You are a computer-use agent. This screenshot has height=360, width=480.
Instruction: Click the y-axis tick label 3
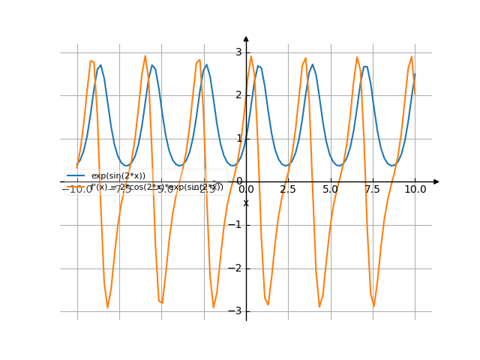pos(238,52)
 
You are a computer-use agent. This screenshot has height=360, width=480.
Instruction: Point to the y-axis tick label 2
pos(238,95)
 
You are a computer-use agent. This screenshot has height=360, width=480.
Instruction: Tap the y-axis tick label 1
pos(238,138)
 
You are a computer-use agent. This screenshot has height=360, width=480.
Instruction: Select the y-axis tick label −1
pos(236,225)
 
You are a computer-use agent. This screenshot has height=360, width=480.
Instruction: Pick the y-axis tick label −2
pos(236,268)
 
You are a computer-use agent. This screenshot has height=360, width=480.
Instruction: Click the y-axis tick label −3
pos(236,311)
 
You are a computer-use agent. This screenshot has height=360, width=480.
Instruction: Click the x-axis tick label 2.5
pos(288,190)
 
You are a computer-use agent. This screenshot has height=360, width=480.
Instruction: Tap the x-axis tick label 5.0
pos(330,190)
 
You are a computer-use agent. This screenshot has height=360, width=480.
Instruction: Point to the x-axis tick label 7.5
pos(373,190)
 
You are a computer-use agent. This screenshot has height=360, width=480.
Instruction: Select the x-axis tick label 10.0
pos(415,190)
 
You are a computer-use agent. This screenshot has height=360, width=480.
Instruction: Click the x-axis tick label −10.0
pos(76,190)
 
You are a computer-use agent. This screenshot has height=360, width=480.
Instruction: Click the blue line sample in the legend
pos(75,175)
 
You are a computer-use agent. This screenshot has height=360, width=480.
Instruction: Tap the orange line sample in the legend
pos(75,187)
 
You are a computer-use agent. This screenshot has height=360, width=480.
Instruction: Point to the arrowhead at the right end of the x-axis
pos(436,181)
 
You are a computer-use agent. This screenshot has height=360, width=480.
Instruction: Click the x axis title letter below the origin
pos(246,203)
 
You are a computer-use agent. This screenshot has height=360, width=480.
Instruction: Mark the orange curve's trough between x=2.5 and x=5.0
pos(320,306)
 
